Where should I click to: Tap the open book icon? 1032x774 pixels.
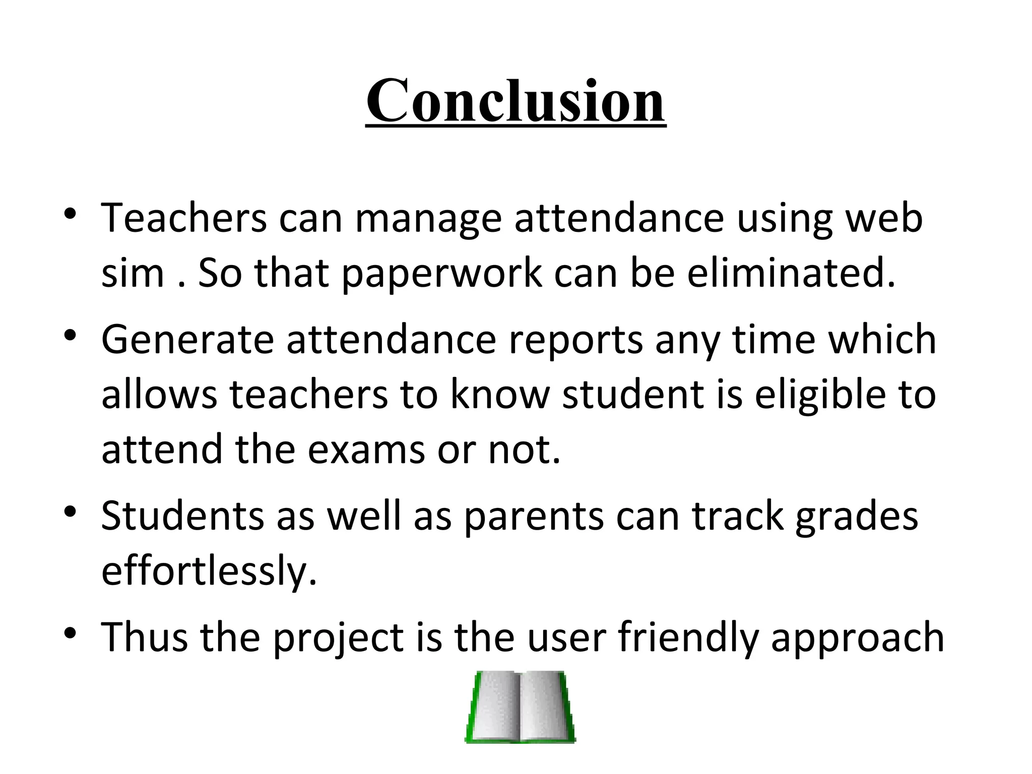pyautogui.click(x=520, y=707)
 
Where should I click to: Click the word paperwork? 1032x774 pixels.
pyautogui.click(x=441, y=274)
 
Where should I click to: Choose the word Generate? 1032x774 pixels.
pyautogui.click(x=187, y=340)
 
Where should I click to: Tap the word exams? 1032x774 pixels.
pyautogui.click(x=366, y=449)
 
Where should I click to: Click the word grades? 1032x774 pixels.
pyautogui.click(x=857, y=517)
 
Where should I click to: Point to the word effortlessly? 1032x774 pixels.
pyautogui.click(x=209, y=571)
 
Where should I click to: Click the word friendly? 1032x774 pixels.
pyautogui.click(x=688, y=638)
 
